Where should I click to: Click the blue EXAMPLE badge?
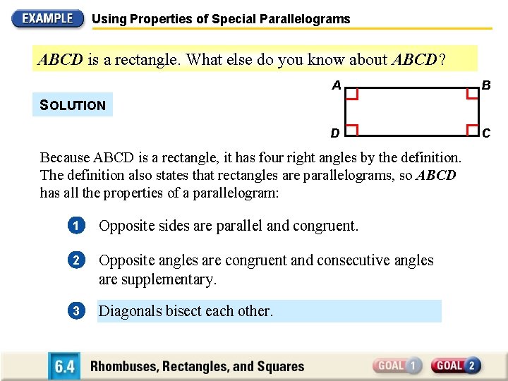(x=47, y=18)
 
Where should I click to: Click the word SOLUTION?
(x=73, y=105)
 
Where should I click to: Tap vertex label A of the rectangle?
(x=337, y=85)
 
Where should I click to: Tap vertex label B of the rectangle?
(x=485, y=86)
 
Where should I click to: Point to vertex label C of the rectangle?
(x=485, y=133)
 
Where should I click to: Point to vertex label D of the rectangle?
(x=337, y=133)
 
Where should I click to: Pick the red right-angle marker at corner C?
(x=471, y=128)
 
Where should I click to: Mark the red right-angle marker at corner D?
(x=352, y=128)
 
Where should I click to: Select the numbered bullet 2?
(x=76, y=260)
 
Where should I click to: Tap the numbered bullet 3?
(x=76, y=310)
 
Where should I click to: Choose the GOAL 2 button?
(x=456, y=365)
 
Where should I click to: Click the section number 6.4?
(x=64, y=366)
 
